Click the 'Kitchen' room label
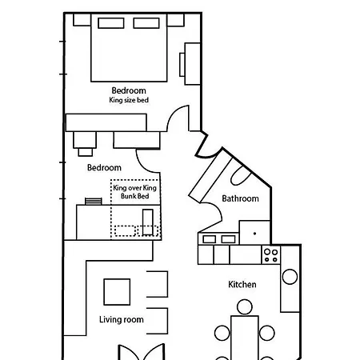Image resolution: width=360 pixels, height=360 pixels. click(x=242, y=284)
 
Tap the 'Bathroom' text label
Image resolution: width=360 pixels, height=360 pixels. click(x=240, y=198)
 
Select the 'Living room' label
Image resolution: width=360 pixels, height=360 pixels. click(x=122, y=319)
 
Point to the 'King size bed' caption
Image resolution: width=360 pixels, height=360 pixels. click(x=129, y=100)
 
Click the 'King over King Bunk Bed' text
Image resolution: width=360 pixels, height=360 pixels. click(x=135, y=192)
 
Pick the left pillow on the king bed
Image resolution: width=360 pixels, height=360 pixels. click(x=111, y=23)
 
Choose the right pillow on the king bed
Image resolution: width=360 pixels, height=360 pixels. click(x=146, y=23)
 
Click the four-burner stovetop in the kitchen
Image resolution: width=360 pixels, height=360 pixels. click(x=271, y=255)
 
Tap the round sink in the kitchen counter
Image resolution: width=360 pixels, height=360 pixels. click(x=290, y=277)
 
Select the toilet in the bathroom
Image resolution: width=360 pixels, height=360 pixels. click(x=241, y=175)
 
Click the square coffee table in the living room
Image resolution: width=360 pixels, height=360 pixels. click(x=117, y=292)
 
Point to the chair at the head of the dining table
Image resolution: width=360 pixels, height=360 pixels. click(x=244, y=307)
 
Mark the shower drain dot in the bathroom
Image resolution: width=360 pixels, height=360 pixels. click(x=254, y=234)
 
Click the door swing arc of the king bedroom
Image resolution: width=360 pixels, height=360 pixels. click(x=174, y=114)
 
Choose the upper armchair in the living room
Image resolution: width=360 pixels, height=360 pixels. click(x=158, y=284)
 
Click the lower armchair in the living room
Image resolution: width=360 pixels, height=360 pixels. click(x=158, y=321)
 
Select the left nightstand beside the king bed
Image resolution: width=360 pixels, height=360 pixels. click(x=82, y=20)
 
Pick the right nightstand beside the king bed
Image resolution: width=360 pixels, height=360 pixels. click(x=175, y=20)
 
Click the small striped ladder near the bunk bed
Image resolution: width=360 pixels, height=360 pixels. click(x=94, y=201)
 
